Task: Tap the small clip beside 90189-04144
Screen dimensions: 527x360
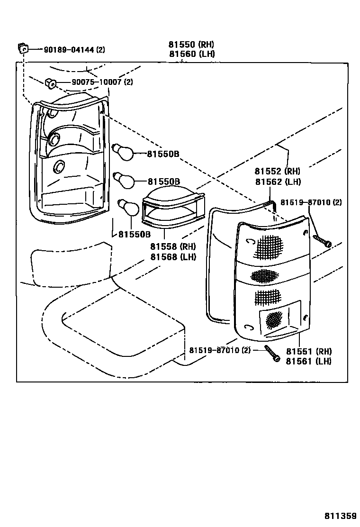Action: click(x=22, y=48)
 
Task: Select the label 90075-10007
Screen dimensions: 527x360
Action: click(x=97, y=82)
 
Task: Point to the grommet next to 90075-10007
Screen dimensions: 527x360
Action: click(x=51, y=83)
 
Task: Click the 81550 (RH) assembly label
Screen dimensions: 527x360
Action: click(x=191, y=45)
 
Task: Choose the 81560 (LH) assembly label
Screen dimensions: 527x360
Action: click(x=191, y=54)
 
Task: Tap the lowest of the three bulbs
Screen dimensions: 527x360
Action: click(x=127, y=207)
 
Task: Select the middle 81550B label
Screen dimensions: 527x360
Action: click(x=163, y=182)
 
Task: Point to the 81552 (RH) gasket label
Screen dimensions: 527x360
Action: click(x=277, y=172)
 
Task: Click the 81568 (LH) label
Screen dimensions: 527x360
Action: click(x=172, y=257)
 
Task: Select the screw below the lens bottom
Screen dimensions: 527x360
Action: click(x=272, y=354)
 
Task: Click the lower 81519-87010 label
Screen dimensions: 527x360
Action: click(x=219, y=350)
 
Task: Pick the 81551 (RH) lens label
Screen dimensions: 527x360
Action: click(x=308, y=351)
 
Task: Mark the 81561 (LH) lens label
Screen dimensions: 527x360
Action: click(x=308, y=361)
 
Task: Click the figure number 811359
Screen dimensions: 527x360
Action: click(x=340, y=515)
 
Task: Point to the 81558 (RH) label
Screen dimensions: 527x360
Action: click(x=172, y=247)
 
